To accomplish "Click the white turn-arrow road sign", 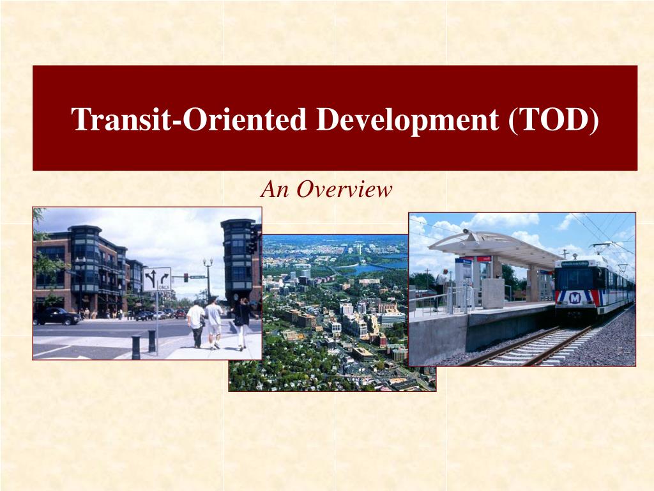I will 156,279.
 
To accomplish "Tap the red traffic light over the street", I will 186,277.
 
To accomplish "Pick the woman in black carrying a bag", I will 243,323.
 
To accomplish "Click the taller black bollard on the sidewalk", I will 152,341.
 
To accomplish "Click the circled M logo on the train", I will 575,297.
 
